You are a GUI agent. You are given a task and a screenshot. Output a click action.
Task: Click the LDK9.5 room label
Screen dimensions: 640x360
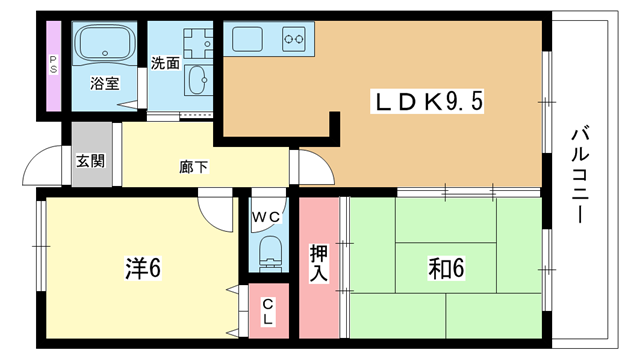427,102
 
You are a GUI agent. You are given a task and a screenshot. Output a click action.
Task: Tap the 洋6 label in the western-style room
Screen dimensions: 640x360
143,268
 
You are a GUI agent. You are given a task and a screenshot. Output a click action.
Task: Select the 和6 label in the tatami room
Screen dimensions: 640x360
446,268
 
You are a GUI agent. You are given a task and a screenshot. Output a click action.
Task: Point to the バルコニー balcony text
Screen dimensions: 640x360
580,176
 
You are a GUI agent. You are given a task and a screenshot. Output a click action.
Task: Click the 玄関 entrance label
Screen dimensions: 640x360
91,161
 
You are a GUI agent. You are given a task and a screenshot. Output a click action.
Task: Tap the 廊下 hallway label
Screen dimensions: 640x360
193,167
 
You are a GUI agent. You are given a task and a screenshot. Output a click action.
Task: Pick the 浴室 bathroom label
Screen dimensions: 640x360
104,83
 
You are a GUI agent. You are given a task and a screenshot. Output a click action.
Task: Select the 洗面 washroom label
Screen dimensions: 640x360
165,63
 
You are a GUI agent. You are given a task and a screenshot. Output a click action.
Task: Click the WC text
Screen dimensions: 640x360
266,217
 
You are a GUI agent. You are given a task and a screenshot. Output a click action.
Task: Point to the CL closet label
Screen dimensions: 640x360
267,311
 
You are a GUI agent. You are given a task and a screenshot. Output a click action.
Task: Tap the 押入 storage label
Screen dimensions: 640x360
318,263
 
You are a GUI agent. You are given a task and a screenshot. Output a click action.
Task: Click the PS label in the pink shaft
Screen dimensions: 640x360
53,65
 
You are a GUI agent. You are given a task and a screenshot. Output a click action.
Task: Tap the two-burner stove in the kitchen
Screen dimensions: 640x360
294,39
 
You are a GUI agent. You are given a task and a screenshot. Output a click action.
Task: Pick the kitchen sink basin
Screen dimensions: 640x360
247,39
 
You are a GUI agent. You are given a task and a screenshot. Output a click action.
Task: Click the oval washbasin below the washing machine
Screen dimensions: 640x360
198,80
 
